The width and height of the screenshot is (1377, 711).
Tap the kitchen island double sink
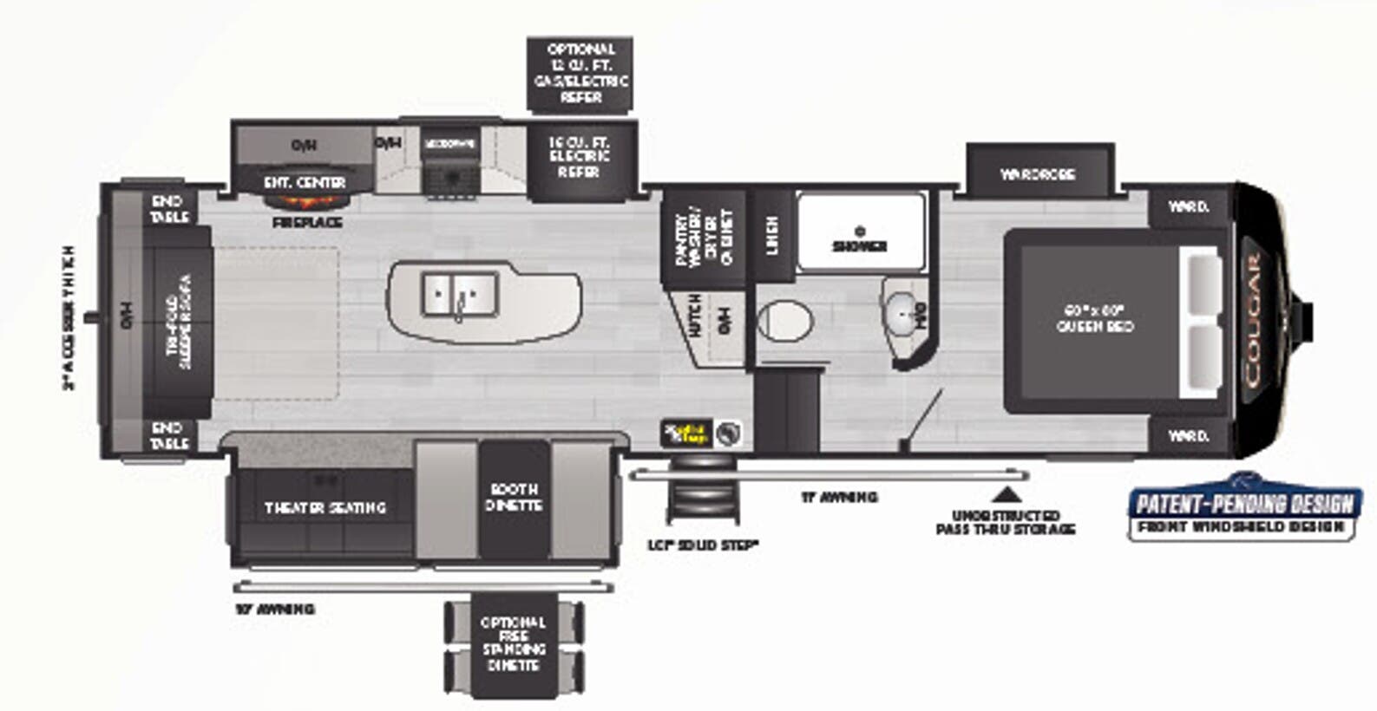(x=460, y=295)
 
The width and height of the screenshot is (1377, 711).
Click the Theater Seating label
(x=325, y=507)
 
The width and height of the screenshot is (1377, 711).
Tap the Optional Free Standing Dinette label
(x=513, y=644)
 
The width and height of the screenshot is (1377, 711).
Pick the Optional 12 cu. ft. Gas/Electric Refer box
(x=580, y=74)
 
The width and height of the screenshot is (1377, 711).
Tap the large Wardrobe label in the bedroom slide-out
(x=1038, y=173)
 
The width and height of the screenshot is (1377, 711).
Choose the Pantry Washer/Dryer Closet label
(x=704, y=238)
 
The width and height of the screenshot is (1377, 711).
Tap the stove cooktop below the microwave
(x=449, y=178)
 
